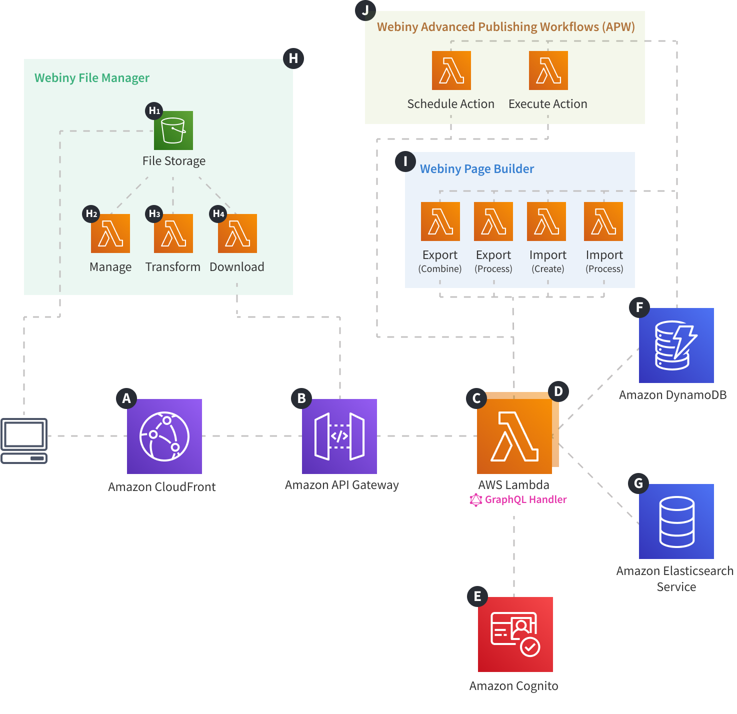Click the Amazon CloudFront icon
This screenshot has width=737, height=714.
coord(164,436)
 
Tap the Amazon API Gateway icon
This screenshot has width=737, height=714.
coord(339,436)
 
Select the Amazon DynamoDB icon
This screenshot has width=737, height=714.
coord(676,345)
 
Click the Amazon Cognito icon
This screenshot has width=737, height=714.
coord(515,634)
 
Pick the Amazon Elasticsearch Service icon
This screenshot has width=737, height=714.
coord(676,521)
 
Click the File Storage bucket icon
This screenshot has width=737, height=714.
coord(173,130)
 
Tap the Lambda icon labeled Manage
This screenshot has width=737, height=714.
coord(110,233)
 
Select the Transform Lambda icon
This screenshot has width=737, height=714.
coord(173,233)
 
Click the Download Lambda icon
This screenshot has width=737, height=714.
coord(237,233)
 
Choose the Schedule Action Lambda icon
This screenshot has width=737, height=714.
coord(451,70)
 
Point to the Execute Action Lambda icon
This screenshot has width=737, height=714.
coord(548,70)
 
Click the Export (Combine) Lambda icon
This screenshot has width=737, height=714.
coord(440,221)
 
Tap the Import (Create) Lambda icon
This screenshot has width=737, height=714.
coord(546,221)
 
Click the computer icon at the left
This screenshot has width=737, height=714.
coord(24,440)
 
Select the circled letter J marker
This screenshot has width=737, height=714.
coord(365,10)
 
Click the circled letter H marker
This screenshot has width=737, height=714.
coord(293,58)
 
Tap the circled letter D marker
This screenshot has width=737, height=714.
coord(558,391)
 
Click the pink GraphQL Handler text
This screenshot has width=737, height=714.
coord(525,499)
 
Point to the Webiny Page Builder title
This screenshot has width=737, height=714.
coord(476,169)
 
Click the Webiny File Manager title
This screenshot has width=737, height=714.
coord(91,78)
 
